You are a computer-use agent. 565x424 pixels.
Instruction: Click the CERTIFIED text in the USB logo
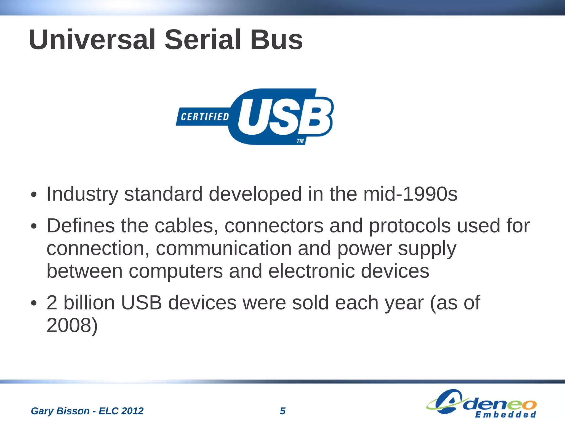(x=205, y=117)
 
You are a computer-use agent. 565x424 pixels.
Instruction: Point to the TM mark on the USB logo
(x=300, y=141)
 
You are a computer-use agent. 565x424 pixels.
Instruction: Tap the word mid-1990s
(x=410, y=194)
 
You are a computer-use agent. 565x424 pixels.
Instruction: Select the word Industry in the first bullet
(x=82, y=194)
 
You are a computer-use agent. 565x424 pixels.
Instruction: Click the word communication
(x=223, y=248)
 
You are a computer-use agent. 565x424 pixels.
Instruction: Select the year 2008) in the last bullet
(x=72, y=325)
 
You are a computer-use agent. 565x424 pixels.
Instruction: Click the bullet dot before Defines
(x=34, y=226)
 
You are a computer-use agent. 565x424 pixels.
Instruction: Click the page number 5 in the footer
(x=282, y=411)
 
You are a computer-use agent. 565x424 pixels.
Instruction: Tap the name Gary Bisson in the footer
(x=60, y=411)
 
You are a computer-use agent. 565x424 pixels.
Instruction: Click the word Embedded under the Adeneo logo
(x=505, y=415)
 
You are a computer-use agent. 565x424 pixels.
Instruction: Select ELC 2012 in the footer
(x=121, y=411)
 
